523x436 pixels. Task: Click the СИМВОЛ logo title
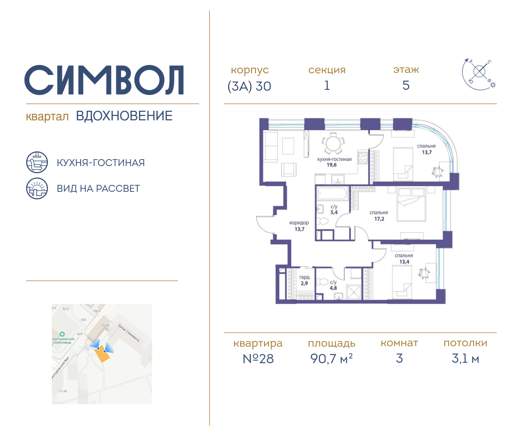[x=104, y=80]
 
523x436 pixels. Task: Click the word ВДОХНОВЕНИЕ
[x=124, y=116]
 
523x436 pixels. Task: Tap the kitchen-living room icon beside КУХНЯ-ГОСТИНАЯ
[x=37, y=163]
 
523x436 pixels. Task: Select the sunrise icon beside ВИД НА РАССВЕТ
[x=37, y=188]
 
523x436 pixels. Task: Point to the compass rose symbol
[x=479, y=72]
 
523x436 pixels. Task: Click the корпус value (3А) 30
[x=249, y=86]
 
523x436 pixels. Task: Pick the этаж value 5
[x=406, y=86]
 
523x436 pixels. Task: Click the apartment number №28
[x=258, y=359]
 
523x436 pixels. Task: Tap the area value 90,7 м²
[x=331, y=359]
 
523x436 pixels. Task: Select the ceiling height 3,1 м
[x=465, y=359]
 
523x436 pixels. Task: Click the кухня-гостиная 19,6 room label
[x=334, y=162]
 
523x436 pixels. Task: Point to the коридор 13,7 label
[x=299, y=225]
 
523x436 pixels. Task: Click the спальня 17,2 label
[x=378, y=215]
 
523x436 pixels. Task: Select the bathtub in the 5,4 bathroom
[x=332, y=194]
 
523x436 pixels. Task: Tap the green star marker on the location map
[x=62, y=334]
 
